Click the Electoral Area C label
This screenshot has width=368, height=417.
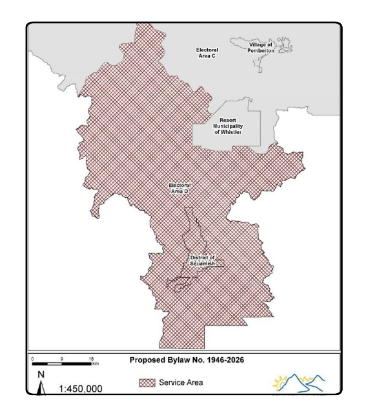point(207,52)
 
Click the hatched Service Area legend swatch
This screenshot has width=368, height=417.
point(147,383)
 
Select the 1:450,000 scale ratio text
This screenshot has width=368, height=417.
point(80,389)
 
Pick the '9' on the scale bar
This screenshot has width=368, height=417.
point(62,358)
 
